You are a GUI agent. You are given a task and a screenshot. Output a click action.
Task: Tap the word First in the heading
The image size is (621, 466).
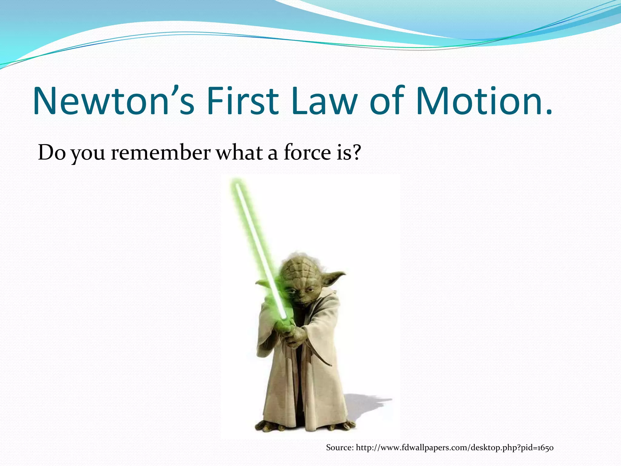click(x=243, y=101)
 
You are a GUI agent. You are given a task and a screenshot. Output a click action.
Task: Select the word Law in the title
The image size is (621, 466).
click(x=324, y=101)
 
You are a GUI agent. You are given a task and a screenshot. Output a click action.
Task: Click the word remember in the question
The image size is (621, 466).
click(x=160, y=153)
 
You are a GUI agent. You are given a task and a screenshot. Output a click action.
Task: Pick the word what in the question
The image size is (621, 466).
click(x=239, y=153)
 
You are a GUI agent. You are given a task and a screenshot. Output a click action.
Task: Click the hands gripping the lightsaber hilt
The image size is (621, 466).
click(x=291, y=331)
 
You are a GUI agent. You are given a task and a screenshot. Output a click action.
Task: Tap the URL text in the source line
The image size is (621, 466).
click(x=455, y=447)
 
